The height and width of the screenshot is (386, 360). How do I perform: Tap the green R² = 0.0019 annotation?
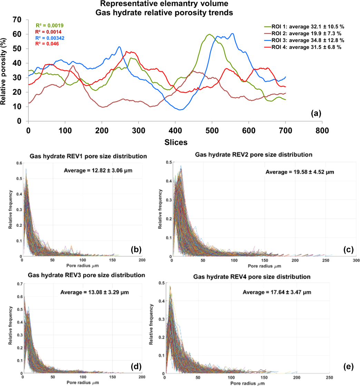(49, 26)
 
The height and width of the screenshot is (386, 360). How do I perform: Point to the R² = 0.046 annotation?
(47, 44)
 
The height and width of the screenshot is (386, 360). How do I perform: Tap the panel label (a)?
(316, 113)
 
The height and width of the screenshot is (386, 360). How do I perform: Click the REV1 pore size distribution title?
(82, 156)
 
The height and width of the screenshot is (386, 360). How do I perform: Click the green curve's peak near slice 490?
(209, 34)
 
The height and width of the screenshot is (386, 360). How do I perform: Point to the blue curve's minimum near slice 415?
(180, 110)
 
